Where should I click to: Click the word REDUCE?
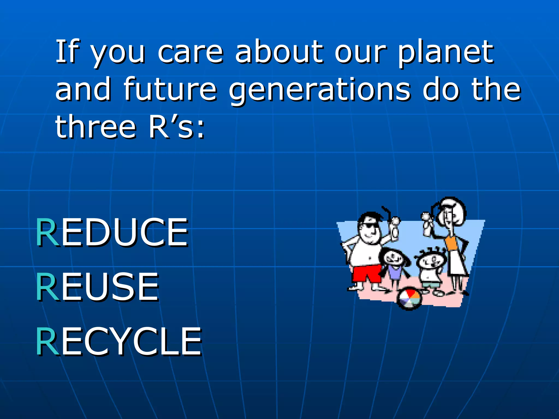[112, 232]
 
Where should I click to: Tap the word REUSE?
[97, 287]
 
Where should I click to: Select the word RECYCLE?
[119, 342]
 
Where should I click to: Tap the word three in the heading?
[96, 127]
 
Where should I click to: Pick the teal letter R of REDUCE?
[47, 232]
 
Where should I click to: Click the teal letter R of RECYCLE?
[47, 342]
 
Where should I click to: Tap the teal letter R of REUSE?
[47, 287]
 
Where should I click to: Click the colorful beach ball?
[409, 299]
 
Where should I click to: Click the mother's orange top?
[451, 242]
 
